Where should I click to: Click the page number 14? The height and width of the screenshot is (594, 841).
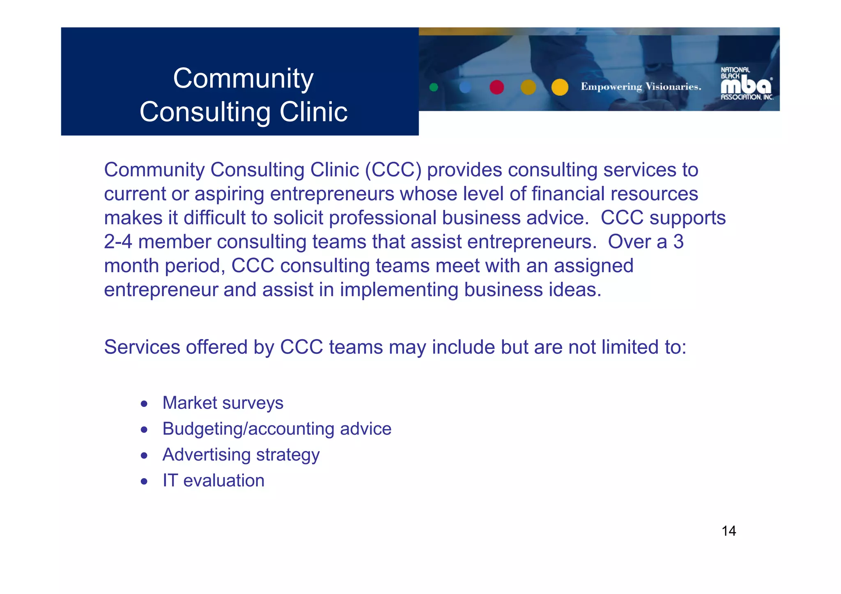728,531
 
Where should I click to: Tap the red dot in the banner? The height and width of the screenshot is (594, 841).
496,87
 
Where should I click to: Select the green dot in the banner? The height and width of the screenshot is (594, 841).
434,87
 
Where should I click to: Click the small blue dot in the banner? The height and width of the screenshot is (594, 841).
465,87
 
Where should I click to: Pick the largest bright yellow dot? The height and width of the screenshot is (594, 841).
560,87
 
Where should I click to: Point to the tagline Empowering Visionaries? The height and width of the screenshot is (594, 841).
641,87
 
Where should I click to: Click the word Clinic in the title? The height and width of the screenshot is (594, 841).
313,112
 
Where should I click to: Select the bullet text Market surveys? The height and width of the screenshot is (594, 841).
223,403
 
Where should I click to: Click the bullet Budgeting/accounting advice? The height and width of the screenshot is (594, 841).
277,429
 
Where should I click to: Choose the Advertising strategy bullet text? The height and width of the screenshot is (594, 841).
241,455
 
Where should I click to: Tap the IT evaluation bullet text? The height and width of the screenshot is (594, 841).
213,480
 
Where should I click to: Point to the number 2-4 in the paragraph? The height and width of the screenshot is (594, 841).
118,242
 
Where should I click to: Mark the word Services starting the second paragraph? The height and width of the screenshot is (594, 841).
142,347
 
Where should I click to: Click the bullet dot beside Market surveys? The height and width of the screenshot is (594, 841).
144,404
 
